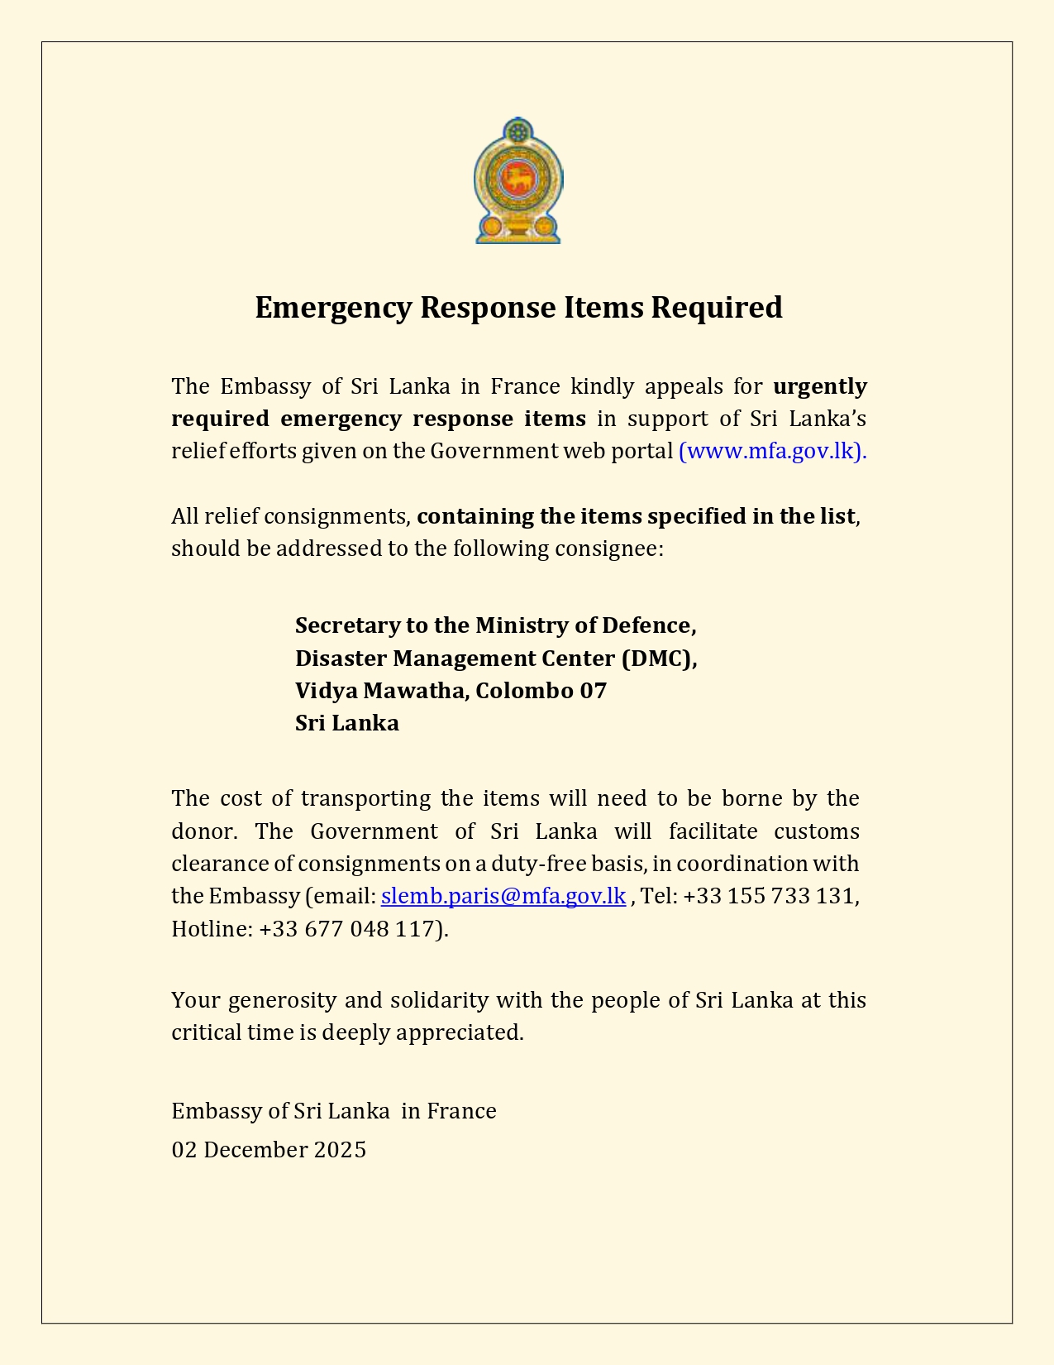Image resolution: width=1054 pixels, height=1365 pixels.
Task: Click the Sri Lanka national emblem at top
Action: pyautogui.click(x=518, y=180)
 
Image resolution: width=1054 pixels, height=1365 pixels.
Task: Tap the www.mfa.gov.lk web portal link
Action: pyautogui.click(x=770, y=451)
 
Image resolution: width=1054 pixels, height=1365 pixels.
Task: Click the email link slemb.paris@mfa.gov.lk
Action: pyautogui.click(x=503, y=896)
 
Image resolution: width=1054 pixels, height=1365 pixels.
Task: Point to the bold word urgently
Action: pyautogui.click(x=819, y=386)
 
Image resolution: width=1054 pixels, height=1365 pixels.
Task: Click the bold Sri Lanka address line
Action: pyautogui.click(x=347, y=723)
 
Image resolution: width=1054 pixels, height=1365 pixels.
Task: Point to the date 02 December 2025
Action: pyautogui.click(x=269, y=1150)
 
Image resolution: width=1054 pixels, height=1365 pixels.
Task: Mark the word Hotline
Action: pyautogui.click(x=210, y=929)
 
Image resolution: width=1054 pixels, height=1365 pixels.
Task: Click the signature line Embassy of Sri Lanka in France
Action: pyautogui.click(x=334, y=1111)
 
